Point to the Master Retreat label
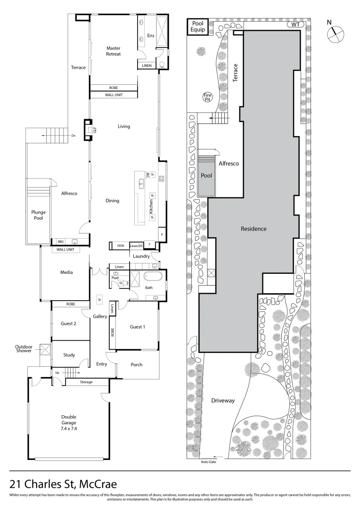pos(113,51)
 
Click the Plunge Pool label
pos(39,215)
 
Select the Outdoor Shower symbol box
pos(46,350)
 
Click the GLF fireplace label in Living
pos(95,131)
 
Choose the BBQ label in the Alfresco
pos(60,241)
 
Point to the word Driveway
pos(223,401)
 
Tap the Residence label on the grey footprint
pos(254,229)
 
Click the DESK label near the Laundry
pos(121,246)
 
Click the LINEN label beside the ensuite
pos(147,66)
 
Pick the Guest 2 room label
pos(68,323)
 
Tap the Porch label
pos(136,364)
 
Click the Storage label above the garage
pos(86,382)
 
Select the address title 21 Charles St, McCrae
pos(64,484)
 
